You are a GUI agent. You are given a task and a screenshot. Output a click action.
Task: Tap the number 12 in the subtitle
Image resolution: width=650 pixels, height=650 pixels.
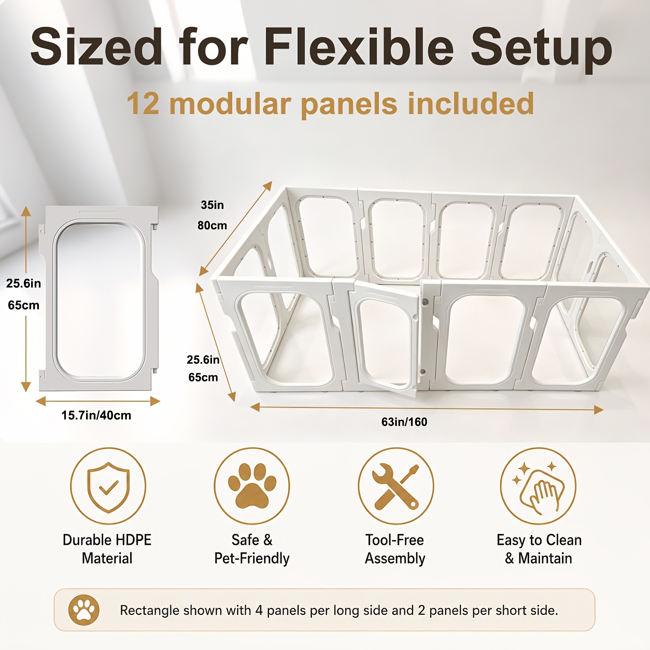click(143, 104)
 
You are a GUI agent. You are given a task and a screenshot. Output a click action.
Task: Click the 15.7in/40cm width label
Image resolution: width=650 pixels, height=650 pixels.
click(96, 415)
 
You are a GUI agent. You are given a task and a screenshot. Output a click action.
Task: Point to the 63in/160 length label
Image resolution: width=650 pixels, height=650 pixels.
click(404, 422)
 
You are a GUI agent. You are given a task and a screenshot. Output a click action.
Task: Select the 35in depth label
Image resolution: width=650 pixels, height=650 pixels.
click(212, 205)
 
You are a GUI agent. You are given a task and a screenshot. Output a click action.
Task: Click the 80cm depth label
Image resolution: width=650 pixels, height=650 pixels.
click(212, 225)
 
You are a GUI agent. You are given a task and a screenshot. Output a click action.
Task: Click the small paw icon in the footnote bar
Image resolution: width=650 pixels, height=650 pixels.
click(84, 610)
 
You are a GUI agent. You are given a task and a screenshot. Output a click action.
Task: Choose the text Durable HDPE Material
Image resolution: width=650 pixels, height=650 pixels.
click(107, 549)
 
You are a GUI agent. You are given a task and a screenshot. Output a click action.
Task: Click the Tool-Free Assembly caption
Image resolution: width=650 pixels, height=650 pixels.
click(395, 549)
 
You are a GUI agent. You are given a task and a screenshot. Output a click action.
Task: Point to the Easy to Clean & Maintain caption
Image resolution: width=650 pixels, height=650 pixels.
click(539, 549)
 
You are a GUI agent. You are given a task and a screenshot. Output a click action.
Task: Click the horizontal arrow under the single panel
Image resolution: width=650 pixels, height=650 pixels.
click(98, 401)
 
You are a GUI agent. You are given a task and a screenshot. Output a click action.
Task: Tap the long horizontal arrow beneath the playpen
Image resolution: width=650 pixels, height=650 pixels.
click(427, 408)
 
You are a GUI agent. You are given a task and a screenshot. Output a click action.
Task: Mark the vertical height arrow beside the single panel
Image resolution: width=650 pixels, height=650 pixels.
click(26, 299)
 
